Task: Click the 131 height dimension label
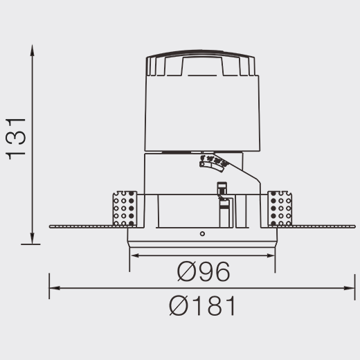pyautogui.click(x=16, y=139)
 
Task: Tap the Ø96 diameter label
pyautogui.click(x=204, y=271)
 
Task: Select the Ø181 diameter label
pyautogui.click(x=202, y=305)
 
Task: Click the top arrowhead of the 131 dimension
pyautogui.click(x=33, y=51)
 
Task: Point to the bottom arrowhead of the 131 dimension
pyautogui.click(x=33, y=238)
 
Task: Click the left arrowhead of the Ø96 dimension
pyautogui.click(x=136, y=255)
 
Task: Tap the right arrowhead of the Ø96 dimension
pyautogui.click(x=269, y=255)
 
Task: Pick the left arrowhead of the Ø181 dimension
pyautogui.click(x=55, y=288)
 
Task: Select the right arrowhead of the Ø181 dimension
pyautogui.click(x=349, y=288)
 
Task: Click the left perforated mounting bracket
pyautogui.click(x=125, y=208)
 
